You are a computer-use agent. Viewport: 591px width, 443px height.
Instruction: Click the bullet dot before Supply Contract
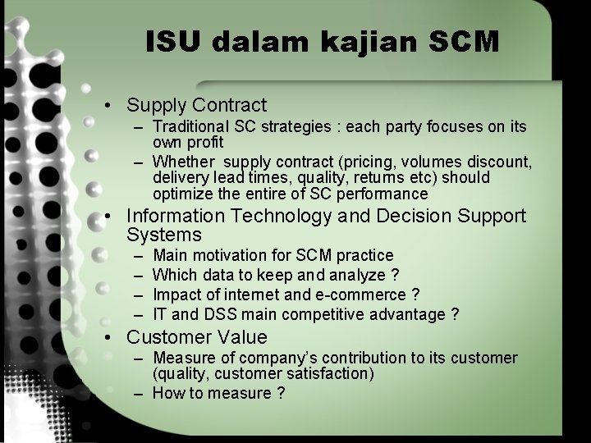point(108,106)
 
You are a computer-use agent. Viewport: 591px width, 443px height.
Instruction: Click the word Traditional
point(194,127)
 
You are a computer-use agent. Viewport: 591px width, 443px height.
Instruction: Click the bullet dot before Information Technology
point(108,217)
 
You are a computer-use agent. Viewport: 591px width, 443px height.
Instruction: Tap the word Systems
point(164,235)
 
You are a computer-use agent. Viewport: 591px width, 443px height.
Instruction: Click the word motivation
point(228,256)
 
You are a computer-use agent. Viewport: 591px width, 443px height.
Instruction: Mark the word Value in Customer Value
point(243,336)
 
